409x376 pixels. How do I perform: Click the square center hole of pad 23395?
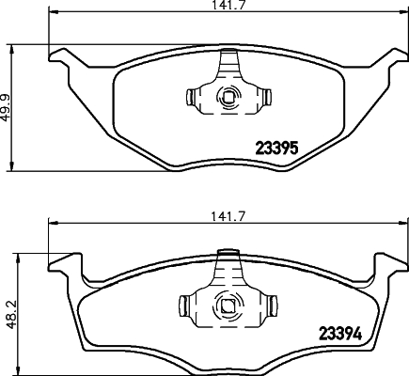click(x=227, y=96)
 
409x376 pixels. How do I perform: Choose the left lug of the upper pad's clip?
click(x=191, y=96)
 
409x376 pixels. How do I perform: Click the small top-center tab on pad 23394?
click(x=226, y=252)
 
